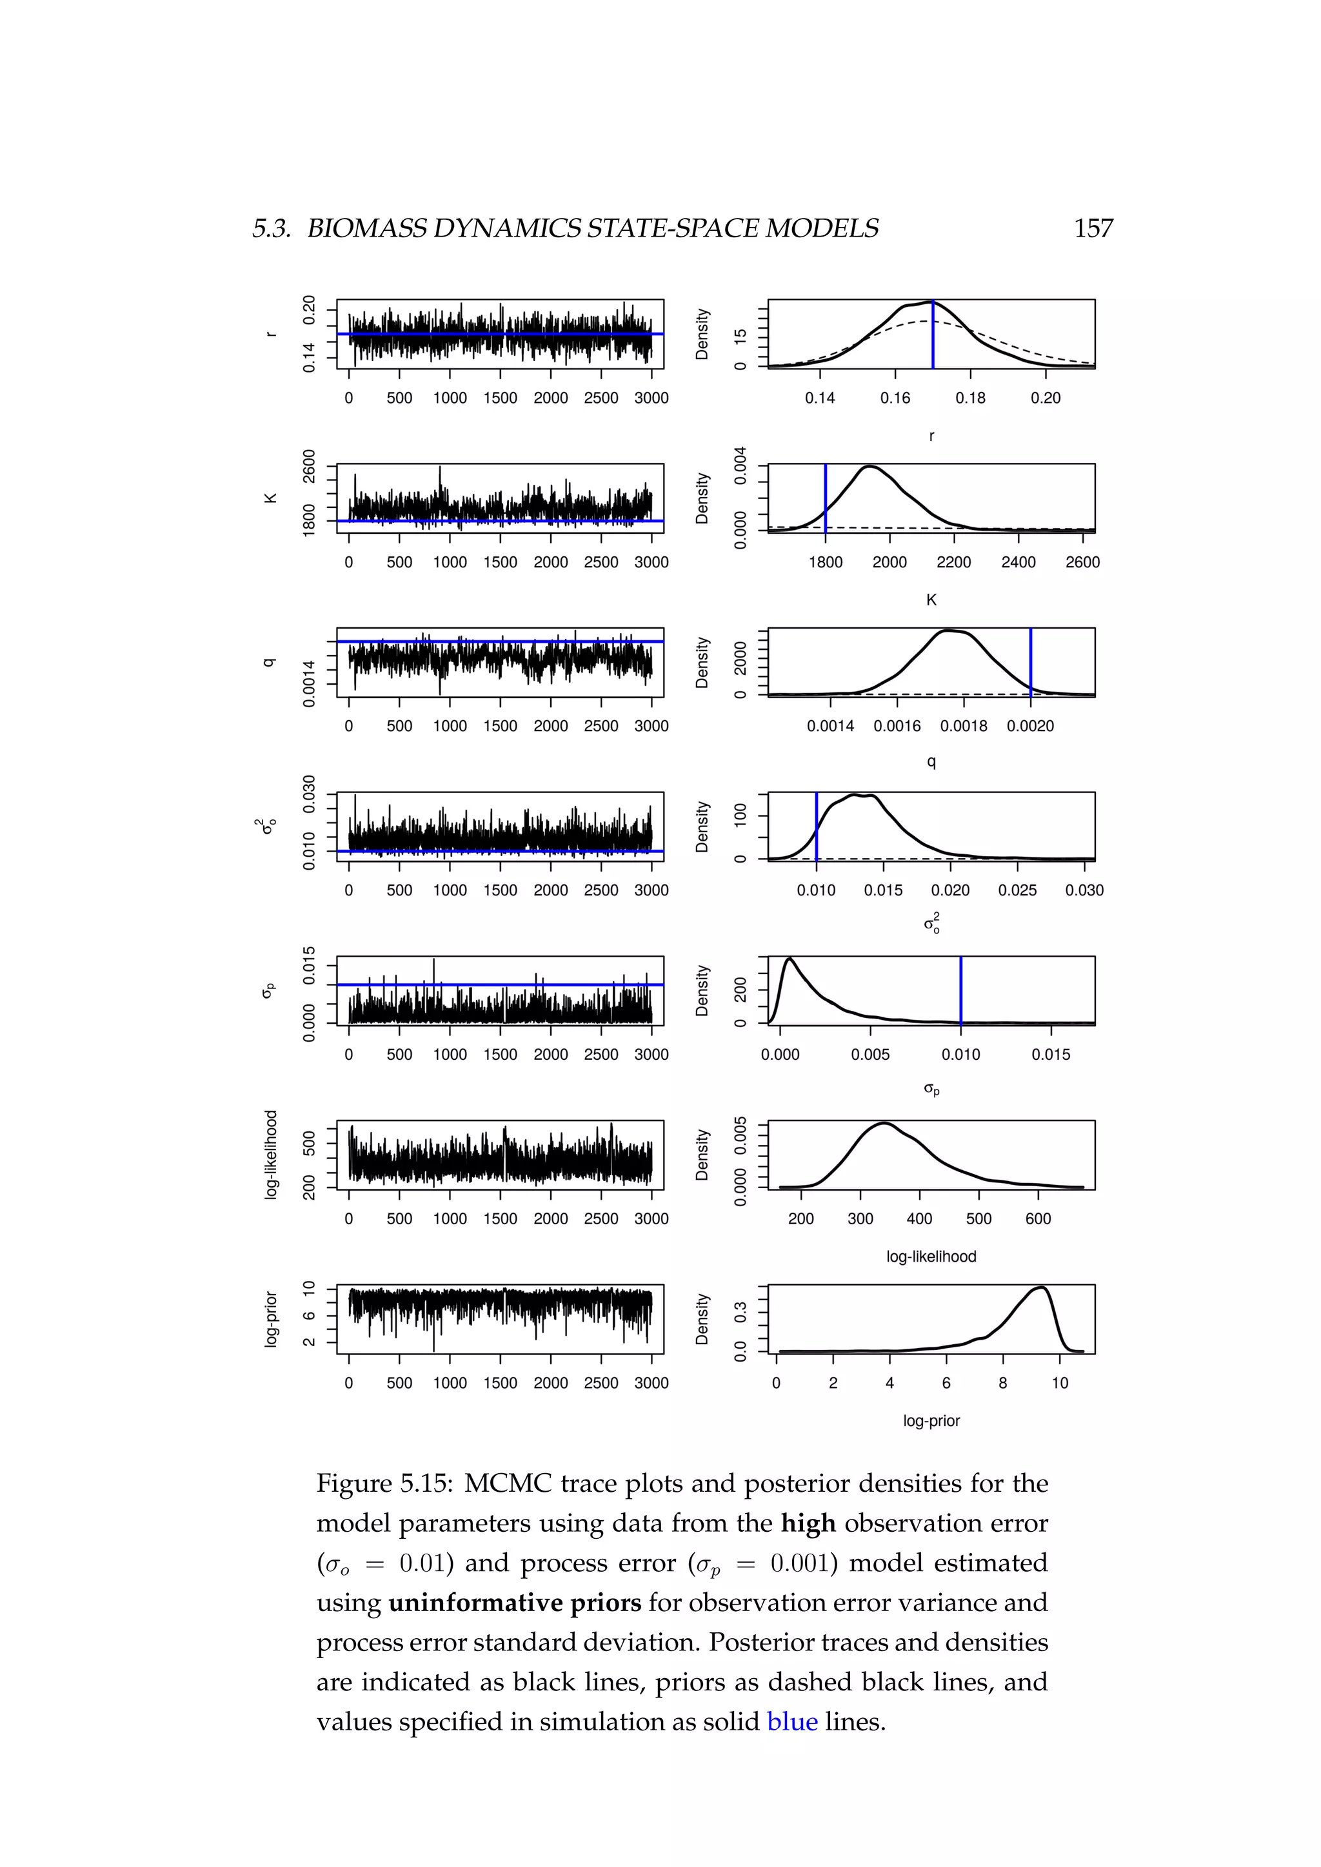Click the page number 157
click(x=1093, y=228)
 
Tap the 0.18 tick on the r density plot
click(x=970, y=398)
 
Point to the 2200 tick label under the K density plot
click(x=953, y=562)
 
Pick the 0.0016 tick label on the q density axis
click(x=897, y=726)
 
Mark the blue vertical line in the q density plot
click(x=1031, y=663)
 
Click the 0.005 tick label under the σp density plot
click(x=870, y=1055)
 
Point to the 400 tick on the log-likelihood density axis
click(x=920, y=1219)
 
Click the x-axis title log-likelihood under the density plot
click(x=931, y=1256)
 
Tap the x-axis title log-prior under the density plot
click(x=931, y=1421)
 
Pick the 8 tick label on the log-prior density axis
click(x=1003, y=1383)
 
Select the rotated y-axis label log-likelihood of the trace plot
click(x=271, y=1155)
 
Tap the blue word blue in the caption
click(x=791, y=1721)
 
